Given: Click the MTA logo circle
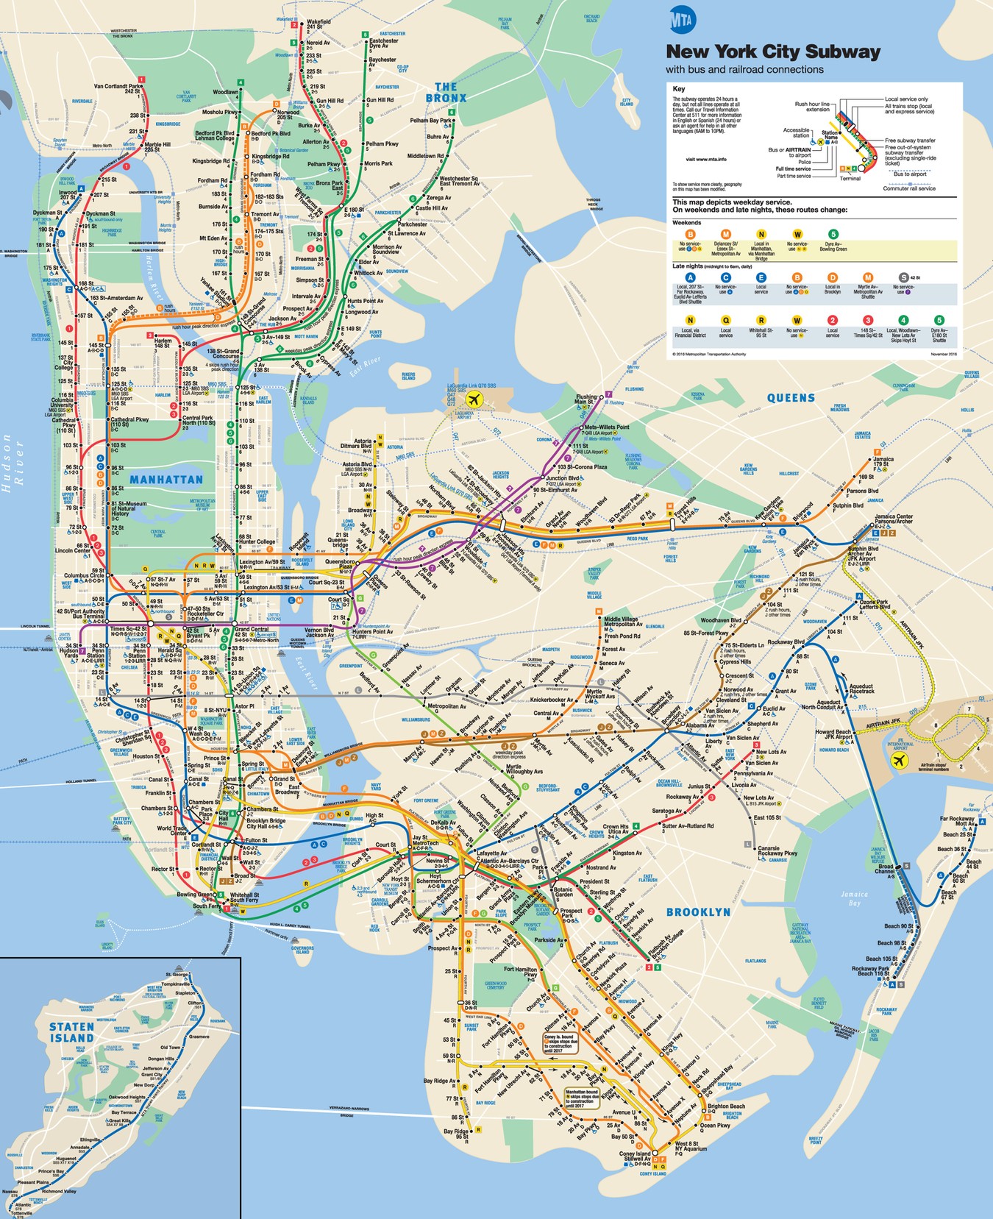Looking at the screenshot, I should click(681, 20).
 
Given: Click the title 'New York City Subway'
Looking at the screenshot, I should click(772, 52).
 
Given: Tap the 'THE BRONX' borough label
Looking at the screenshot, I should click(446, 92).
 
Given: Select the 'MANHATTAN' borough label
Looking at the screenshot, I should click(166, 480).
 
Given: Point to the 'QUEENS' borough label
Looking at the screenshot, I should click(791, 398).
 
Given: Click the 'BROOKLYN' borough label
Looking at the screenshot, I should click(698, 912).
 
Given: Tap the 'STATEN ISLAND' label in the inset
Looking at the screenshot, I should click(71, 1032).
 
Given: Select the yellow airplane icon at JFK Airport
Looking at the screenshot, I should click(898, 761).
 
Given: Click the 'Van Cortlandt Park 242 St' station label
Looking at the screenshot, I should click(117, 88).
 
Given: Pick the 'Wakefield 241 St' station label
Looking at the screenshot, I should click(318, 25).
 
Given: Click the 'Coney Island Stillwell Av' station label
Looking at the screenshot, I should click(635, 1156).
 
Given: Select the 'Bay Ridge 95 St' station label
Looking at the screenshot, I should click(455, 1134).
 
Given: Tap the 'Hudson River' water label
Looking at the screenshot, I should click(13, 460).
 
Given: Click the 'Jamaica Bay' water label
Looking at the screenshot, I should click(854, 898).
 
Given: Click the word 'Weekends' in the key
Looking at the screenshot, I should click(686, 222).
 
